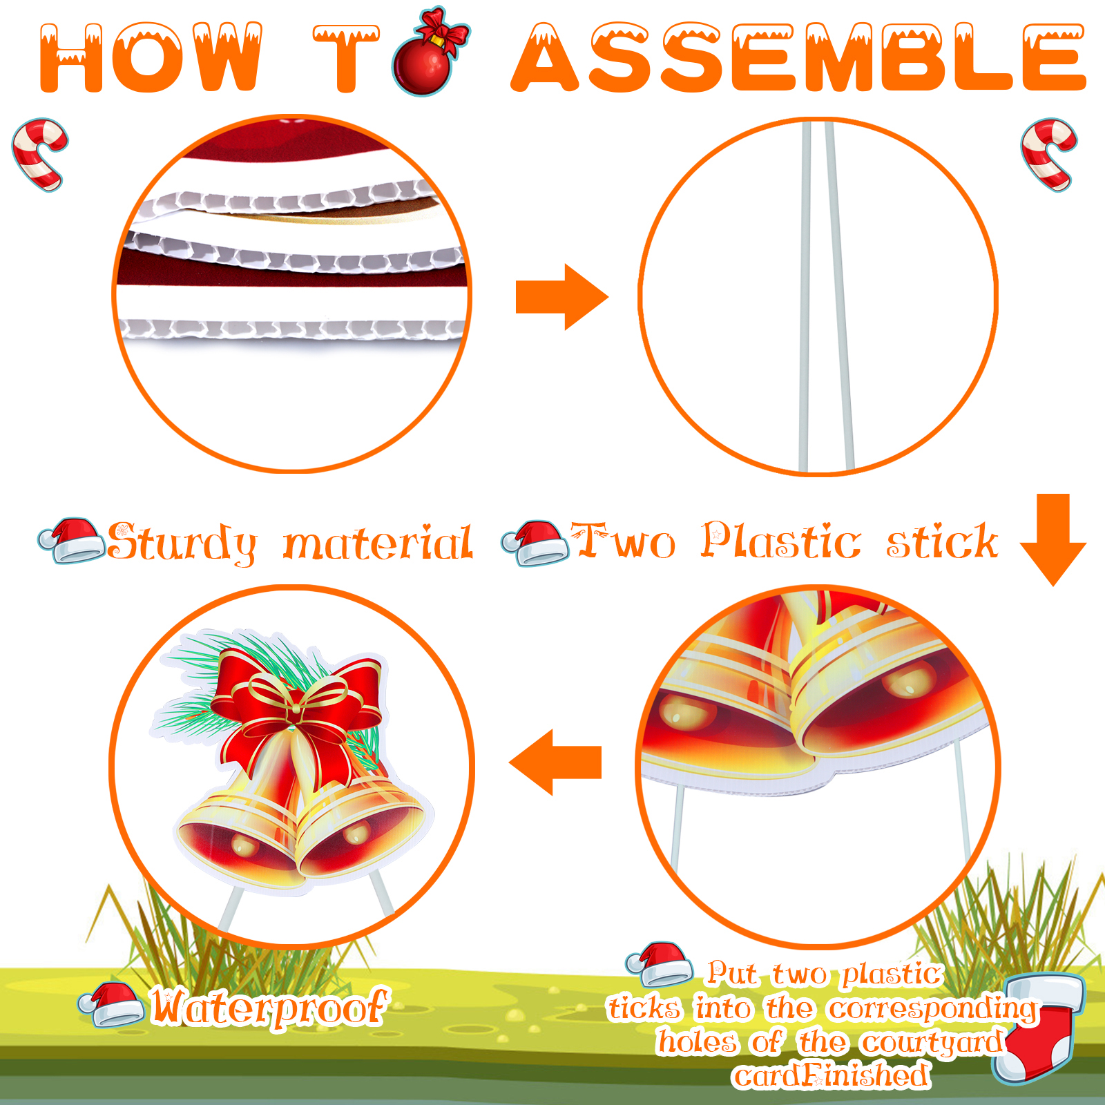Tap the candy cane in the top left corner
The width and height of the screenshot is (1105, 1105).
[x=40, y=154]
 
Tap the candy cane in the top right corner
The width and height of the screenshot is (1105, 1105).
[x=1049, y=154]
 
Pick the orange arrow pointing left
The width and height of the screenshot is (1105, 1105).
[x=555, y=762]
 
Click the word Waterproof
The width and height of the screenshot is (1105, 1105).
[x=269, y=1007]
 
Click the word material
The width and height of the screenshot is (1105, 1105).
[x=378, y=541]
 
